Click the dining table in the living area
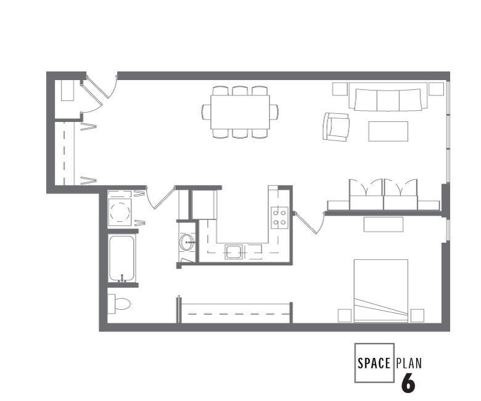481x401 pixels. click(240, 111)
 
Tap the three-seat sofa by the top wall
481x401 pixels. click(387, 99)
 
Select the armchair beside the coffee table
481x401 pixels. click(337, 127)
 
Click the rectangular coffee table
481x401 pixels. click(388, 131)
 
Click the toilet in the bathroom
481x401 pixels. click(120, 304)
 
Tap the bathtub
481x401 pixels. click(122, 258)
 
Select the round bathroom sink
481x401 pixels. click(187, 242)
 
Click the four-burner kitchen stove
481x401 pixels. click(279, 216)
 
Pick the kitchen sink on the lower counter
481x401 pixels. click(233, 251)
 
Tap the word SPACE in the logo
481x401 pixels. click(374, 362)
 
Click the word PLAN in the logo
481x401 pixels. click(410, 362)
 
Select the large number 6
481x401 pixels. click(408, 383)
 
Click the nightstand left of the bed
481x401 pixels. click(345, 315)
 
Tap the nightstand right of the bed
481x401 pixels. click(417, 315)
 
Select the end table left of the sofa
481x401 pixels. click(340, 89)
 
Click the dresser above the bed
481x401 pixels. click(383, 224)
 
